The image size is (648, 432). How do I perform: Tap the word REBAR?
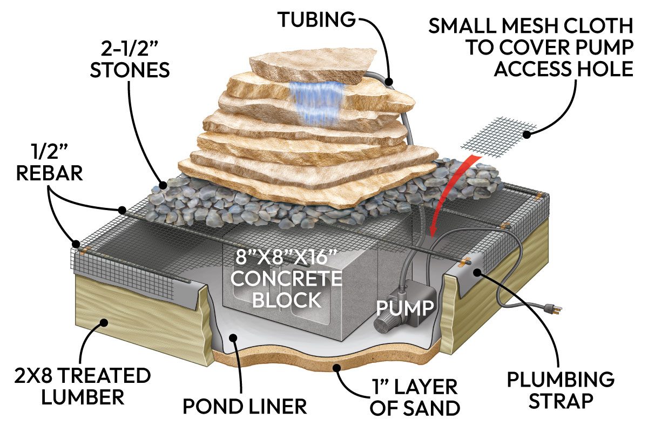50,174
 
